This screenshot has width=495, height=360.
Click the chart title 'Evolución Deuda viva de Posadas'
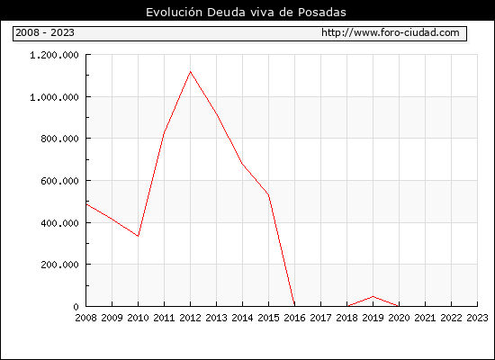(246, 13)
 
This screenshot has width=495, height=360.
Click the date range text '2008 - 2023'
(45, 32)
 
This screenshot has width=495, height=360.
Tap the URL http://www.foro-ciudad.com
(391, 32)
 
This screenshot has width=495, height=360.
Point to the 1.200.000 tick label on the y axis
(54, 55)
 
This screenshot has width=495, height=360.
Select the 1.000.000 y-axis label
(54, 97)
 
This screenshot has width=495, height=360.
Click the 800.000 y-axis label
(59, 139)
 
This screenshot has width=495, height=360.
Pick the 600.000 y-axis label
(59, 181)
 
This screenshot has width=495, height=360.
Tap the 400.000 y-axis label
(59, 223)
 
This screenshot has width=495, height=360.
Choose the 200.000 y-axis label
(59, 265)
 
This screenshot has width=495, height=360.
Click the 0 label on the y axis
(76, 307)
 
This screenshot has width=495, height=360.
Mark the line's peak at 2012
(191, 72)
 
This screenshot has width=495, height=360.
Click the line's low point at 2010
(138, 236)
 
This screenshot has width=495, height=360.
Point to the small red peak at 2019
(373, 296)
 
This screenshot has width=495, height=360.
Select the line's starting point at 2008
(86, 204)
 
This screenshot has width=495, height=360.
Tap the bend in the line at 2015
(269, 194)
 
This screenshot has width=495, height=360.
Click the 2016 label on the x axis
(294, 318)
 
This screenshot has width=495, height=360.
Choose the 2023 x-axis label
(477, 318)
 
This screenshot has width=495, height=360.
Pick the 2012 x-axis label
(191, 318)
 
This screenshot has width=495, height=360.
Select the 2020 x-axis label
(399, 318)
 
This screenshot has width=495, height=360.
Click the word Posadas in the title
(322, 13)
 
